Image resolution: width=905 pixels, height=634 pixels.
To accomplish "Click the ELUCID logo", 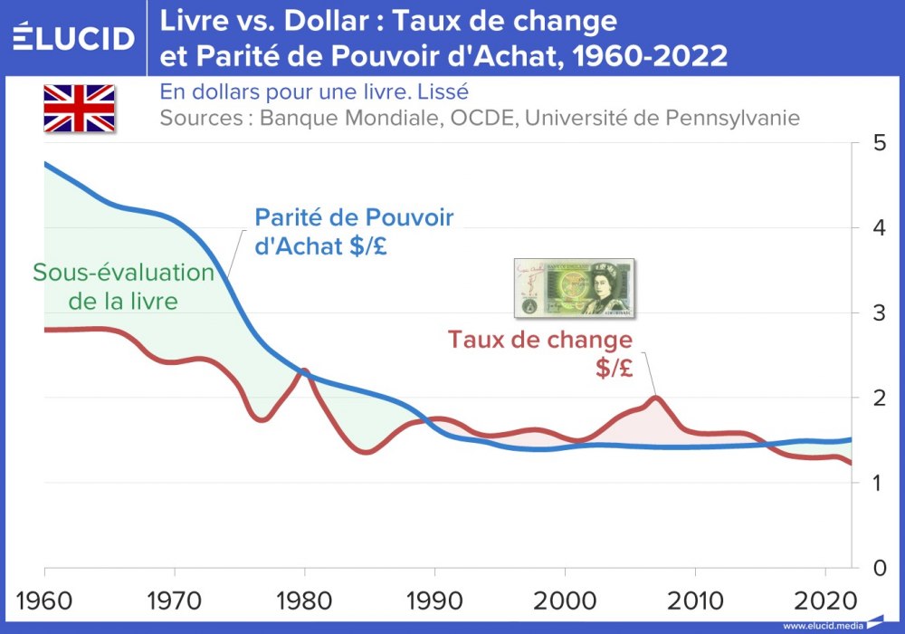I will tap(74, 38).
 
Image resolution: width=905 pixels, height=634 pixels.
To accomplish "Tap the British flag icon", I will tap(80, 108).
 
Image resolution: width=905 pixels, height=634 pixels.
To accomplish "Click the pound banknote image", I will tap(574, 288).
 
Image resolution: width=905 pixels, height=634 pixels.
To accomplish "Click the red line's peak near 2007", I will tap(656, 398).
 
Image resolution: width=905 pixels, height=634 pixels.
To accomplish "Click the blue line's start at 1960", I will tap(45, 164).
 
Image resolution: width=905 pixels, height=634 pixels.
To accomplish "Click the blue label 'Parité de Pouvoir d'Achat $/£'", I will tap(354, 232).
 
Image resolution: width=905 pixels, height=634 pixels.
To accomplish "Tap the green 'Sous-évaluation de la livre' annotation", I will tap(123, 287).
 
